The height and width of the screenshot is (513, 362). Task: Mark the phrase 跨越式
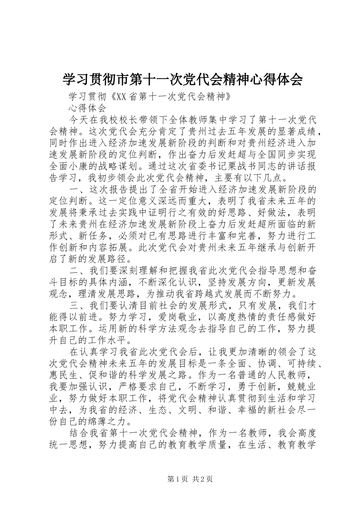229,295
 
